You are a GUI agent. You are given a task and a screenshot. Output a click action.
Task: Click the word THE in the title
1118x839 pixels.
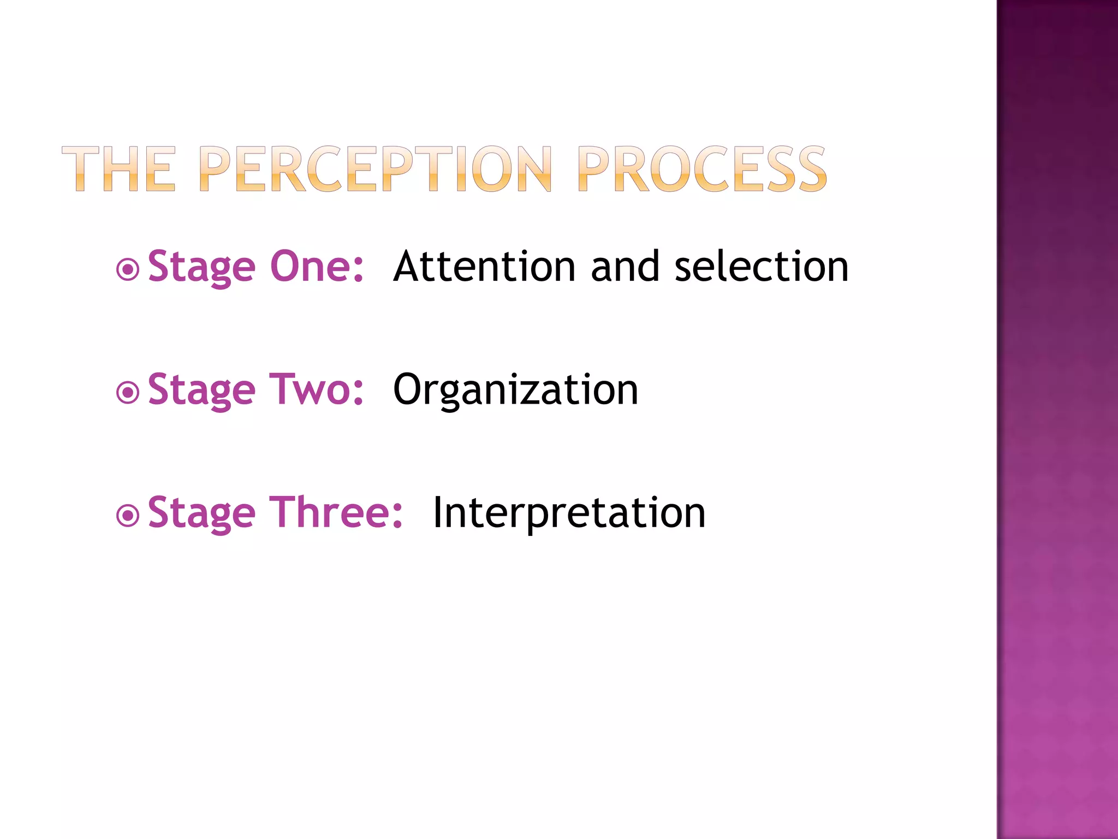(x=118, y=169)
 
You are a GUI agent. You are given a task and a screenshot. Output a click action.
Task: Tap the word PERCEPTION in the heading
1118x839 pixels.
(x=376, y=169)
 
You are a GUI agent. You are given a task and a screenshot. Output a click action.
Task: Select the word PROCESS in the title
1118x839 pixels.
(x=702, y=169)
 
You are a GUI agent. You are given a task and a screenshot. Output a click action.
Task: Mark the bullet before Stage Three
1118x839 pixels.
(x=128, y=515)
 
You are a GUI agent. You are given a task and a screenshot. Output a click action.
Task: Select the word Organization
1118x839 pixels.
(x=515, y=391)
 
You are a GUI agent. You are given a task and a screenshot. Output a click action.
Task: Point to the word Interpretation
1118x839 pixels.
(x=569, y=513)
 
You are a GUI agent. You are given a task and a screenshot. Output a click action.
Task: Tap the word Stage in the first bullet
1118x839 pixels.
(x=201, y=268)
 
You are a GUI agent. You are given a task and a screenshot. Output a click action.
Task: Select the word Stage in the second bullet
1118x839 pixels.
(x=201, y=391)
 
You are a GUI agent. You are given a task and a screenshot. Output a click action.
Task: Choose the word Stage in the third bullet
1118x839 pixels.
(x=201, y=513)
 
